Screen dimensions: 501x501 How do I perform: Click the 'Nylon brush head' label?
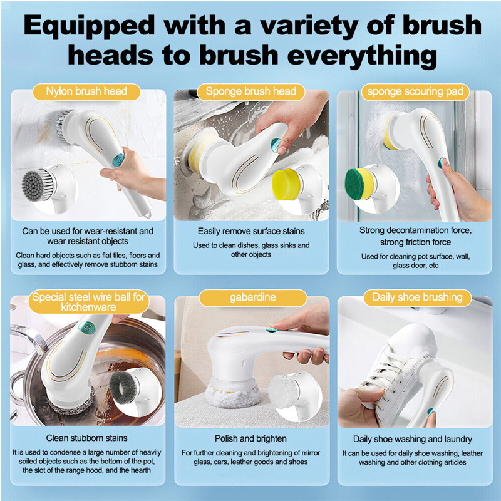(x=86, y=91)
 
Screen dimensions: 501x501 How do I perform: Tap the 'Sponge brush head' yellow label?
(x=251, y=91)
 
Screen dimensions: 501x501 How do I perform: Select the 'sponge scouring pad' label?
(x=415, y=91)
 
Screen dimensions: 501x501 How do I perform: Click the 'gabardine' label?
(x=253, y=297)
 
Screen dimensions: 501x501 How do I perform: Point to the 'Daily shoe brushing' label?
(x=417, y=297)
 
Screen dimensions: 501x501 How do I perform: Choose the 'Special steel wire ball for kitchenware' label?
(x=88, y=302)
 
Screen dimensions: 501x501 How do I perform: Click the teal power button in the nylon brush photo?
(x=118, y=160)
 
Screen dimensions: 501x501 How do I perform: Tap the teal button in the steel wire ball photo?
(x=86, y=328)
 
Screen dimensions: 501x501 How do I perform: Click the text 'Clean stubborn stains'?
(x=86, y=438)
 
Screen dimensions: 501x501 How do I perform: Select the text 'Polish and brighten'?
(x=250, y=438)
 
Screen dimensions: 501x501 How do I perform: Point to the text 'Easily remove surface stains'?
(x=251, y=231)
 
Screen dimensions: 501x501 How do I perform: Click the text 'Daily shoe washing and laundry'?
(x=413, y=439)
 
